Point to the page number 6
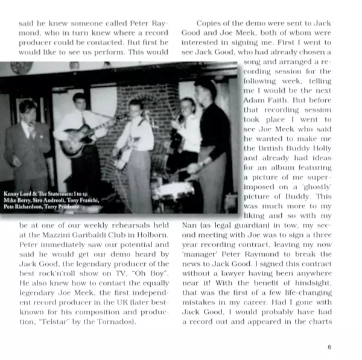coord(329,347)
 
